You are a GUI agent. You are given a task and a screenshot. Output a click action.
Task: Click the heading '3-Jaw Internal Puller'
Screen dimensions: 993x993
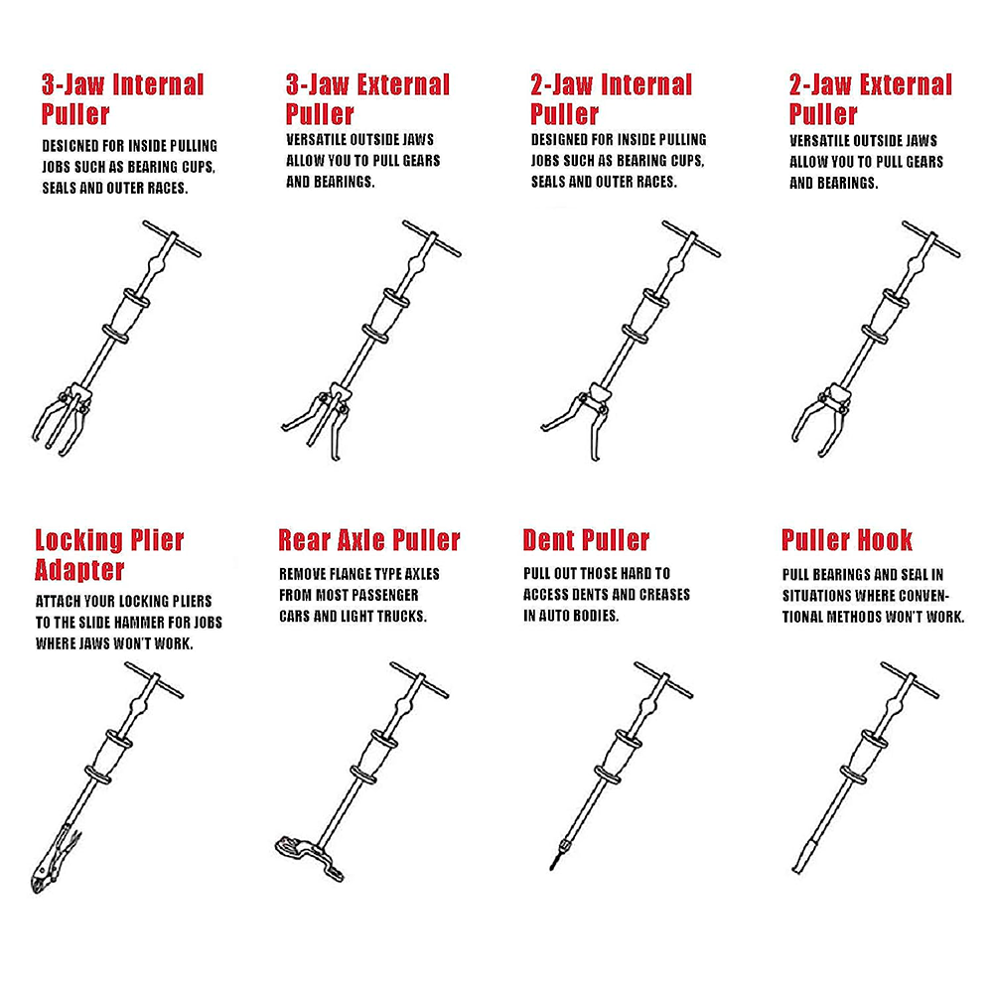(x=123, y=99)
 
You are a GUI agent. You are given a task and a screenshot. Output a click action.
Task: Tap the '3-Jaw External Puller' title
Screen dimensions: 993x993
(x=367, y=99)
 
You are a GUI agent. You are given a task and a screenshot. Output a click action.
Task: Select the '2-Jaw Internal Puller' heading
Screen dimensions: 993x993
(x=611, y=99)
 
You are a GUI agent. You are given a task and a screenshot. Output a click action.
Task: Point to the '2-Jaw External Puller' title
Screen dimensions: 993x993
(x=870, y=99)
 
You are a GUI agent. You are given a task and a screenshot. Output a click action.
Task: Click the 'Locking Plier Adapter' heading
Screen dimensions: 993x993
(x=109, y=555)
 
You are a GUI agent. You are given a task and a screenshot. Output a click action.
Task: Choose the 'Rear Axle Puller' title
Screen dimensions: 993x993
(x=369, y=540)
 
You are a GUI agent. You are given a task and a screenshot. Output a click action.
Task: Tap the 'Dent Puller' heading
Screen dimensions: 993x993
(x=586, y=540)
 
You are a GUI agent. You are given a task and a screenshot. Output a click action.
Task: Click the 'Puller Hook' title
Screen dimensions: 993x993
(x=847, y=540)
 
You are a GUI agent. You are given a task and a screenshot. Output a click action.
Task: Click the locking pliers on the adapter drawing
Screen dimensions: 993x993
(x=54, y=859)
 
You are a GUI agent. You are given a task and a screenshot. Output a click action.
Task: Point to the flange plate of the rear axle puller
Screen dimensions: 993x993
(x=309, y=858)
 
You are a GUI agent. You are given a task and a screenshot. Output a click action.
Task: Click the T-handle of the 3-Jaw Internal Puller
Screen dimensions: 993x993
(x=172, y=238)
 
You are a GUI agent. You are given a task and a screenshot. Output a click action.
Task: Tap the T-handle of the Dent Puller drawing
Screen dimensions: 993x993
(x=663, y=680)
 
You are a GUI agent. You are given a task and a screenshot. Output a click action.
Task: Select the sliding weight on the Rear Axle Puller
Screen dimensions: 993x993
(x=374, y=758)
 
